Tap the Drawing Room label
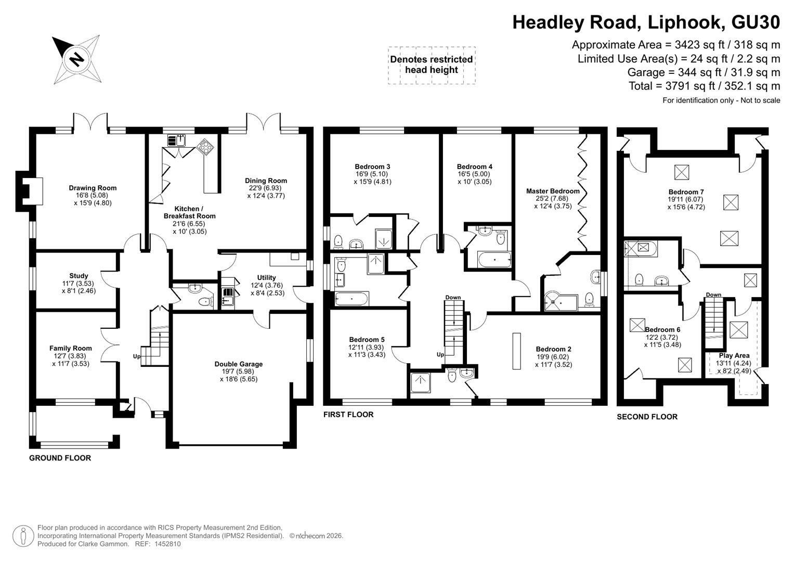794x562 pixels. click(93, 188)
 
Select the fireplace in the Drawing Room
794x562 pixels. click(30, 191)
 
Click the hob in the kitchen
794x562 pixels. click(205, 146)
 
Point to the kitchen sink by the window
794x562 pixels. click(176, 140)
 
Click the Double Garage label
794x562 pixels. click(239, 364)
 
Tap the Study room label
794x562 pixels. click(79, 276)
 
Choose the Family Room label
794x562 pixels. click(71, 349)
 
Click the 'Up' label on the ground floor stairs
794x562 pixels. click(136, 356)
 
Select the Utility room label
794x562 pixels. click(267, 278)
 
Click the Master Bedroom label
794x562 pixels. click(553, 191)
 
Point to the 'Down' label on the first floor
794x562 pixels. click(453, 297)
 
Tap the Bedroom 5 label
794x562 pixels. click(367, 339)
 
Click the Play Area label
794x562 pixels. click(734, 355)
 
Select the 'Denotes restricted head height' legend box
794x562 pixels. click(432, 65)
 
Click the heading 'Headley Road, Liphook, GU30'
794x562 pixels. click(646, 22)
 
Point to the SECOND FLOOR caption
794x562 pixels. click(647, 416)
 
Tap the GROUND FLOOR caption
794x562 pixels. click(60, 458)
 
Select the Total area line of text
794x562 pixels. click(705, 86)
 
